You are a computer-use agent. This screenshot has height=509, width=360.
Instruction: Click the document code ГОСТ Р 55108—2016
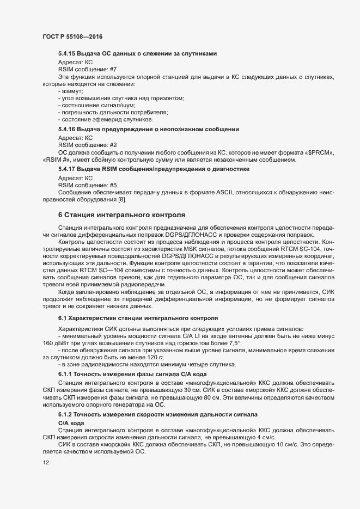pyautogui.click(x=73, y=36)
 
